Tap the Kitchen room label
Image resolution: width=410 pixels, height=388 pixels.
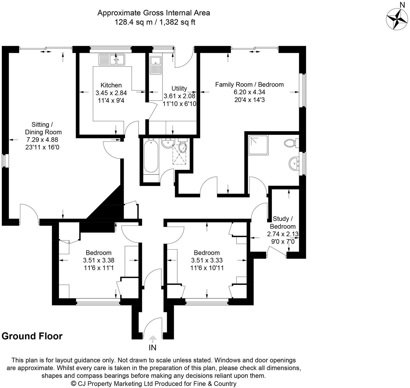point(111,85)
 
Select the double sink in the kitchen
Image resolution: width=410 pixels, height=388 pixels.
point(112,59)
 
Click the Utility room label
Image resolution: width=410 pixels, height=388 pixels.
point(179,88)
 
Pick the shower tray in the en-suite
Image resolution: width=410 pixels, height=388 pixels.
point(258,145)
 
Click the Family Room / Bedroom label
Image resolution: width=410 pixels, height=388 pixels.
point(249,84)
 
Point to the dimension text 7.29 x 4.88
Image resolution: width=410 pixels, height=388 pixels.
point(42,140)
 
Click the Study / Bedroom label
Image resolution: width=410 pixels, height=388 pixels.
point(283,222)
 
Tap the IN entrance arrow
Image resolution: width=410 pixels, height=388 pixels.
point(153,340)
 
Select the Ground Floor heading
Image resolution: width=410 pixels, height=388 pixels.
point(32,336)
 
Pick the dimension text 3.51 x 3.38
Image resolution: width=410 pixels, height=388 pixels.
point(99,260)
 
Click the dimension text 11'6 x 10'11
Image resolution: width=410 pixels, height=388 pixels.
point(207,268)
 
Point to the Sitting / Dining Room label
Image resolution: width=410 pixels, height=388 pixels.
point(42,128)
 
